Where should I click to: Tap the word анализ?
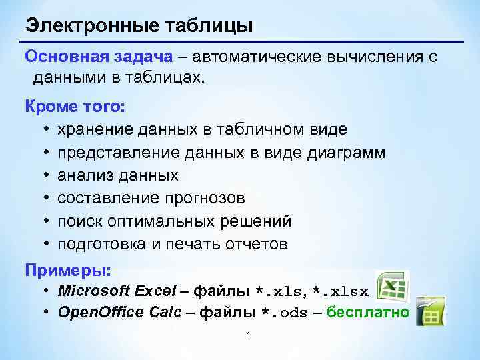click(x=82, y=175)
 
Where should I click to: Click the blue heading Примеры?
click(x=68, y=271)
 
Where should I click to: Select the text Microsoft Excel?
click(x=117, y=291)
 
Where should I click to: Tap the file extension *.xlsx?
click(x=341, y=292)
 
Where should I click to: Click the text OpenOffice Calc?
click(x=119, y=313)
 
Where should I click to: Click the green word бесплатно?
click(x=368, y=313)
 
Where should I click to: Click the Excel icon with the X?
click(x=391, y=287)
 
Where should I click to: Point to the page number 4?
click(x=247, y=334)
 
